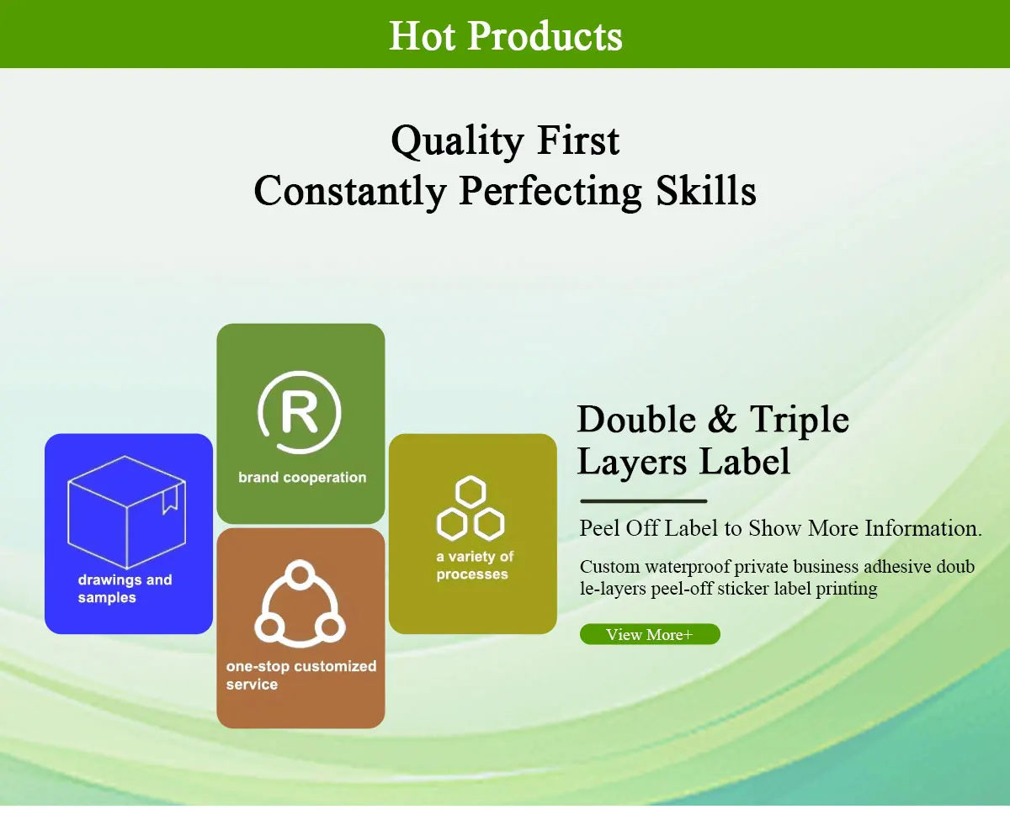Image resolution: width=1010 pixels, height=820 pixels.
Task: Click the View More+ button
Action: tap(650, 634)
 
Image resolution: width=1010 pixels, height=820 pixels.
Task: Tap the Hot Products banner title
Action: tap(506, 35)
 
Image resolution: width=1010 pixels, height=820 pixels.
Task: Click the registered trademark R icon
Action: tap(299, 413)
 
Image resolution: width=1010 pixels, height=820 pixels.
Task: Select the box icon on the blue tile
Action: tap(126, 512)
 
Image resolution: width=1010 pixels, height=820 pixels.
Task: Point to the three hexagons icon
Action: tap(470, 508)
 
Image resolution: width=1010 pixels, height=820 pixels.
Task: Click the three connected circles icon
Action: tap(300, 604)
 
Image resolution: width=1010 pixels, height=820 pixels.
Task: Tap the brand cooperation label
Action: tap(302, 478)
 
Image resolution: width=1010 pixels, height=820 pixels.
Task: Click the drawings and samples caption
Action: tap(125, 589)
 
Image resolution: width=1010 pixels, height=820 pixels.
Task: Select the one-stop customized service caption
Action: tap(301, 675)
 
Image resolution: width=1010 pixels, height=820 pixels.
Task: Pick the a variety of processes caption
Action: tap(475, 565)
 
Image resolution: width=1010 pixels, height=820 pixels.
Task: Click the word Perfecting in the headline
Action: tap(550, 192)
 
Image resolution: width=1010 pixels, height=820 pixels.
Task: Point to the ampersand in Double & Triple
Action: tap(723, 420)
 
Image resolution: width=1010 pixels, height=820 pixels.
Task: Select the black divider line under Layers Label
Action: tap(644, 500)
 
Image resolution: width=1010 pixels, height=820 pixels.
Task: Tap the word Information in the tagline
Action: tap(923, 528)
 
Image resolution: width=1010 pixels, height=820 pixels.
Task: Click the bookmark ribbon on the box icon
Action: tap(170, 500)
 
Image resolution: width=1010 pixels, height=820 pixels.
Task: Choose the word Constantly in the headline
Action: tap(350, 192)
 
